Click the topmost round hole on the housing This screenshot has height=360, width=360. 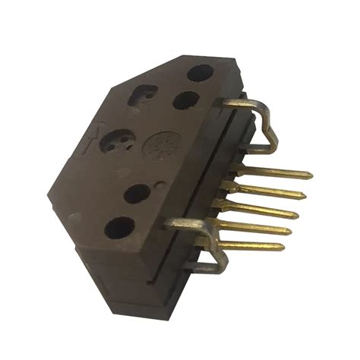[200, 73]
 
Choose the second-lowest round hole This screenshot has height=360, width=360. [137, 194]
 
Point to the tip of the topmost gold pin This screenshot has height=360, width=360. [310, 175]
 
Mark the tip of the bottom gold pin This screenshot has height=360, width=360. [283, 247]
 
